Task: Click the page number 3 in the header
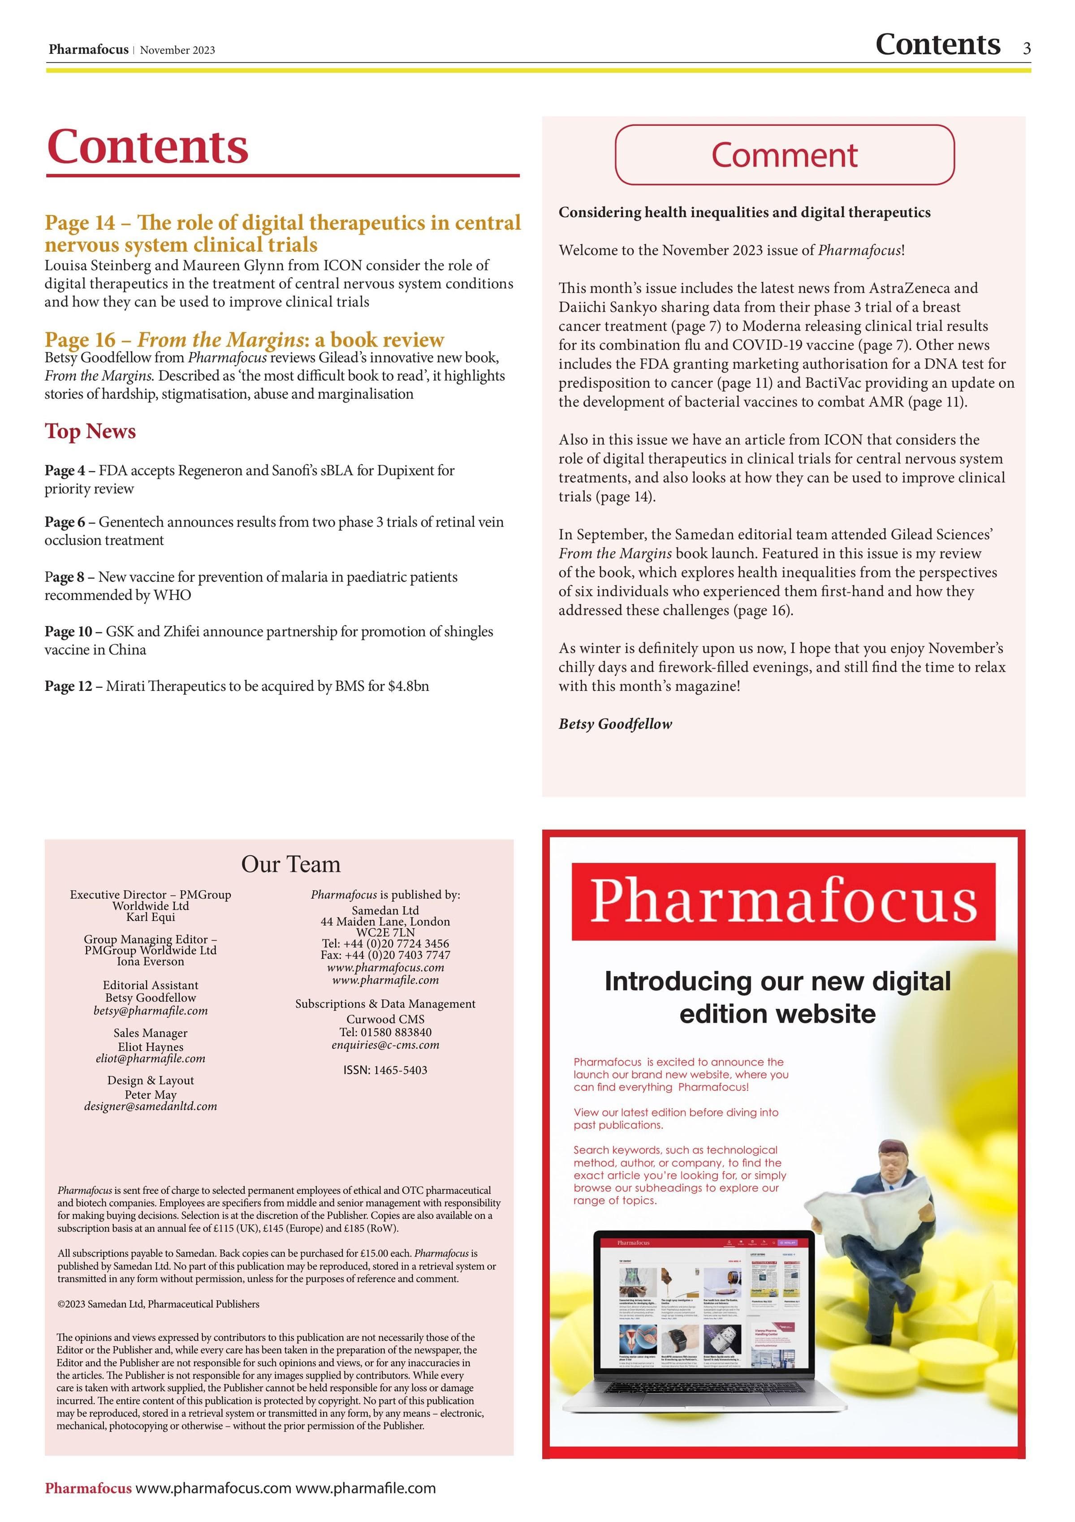pos(1027,48)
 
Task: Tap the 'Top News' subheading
pos(90,432)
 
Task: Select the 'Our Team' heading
pos(290,864)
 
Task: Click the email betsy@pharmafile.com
pos(151,1011)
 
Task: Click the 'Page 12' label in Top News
pos(68,686)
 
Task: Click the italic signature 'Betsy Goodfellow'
pos(615,724)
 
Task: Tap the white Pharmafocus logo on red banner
pos(783,901)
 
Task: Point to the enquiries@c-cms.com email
pos(385,1046)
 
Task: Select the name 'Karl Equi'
pos(151,917)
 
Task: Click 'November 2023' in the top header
pos(178,51)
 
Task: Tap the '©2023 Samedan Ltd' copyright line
pos(158,1304)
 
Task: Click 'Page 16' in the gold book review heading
pos(80,340)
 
